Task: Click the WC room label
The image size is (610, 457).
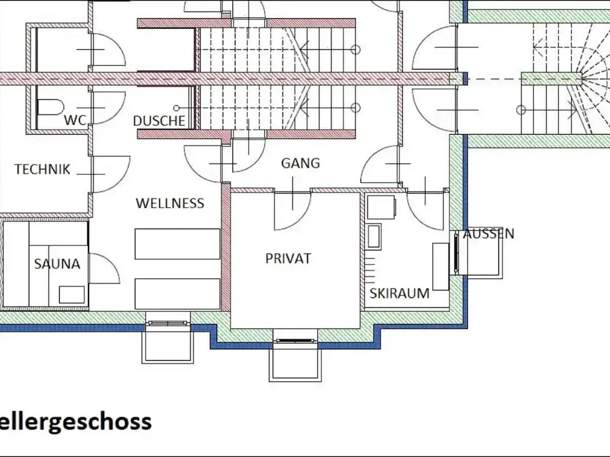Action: point(75,120)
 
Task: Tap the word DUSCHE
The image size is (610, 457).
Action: point(159,121)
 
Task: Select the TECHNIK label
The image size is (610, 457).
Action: point(43,169)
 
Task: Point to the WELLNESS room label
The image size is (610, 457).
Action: point(170,203)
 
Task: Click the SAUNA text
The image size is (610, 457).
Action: point(57,264)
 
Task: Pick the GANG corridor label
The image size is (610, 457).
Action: point(300,163)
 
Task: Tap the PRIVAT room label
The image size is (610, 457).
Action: point(289,258)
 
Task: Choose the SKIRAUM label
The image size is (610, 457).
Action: point(400,293)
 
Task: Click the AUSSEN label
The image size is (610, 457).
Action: point(489,233)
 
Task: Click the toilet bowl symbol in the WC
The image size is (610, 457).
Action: point(51,107)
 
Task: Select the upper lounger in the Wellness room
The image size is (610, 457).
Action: point(178,244)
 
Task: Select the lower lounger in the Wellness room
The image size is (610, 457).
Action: point(178,294)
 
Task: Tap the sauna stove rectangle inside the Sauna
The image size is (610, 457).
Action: point(71,294)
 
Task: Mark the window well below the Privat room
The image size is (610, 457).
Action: point(295,360)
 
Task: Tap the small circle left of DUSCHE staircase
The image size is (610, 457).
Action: point(177,108)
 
